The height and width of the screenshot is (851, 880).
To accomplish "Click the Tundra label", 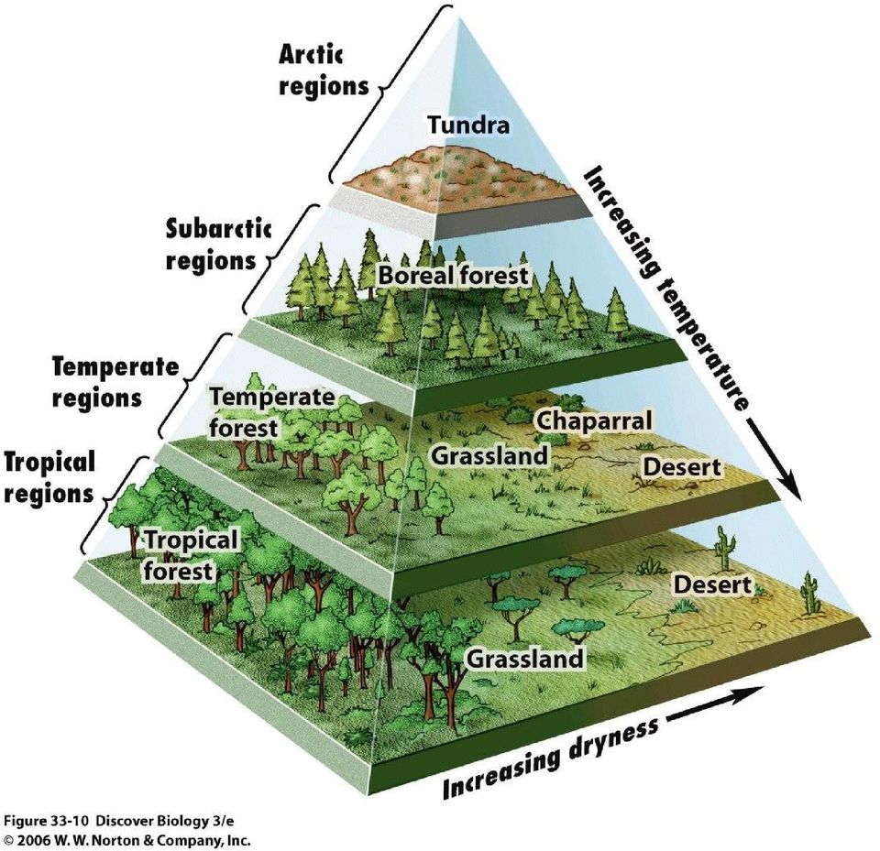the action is [x=469, y=125].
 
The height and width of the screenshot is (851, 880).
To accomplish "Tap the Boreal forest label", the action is [x=454, y=275].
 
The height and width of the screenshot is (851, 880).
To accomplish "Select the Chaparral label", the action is [x=595, y=420].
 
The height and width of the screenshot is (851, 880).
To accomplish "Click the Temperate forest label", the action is [x=271, y=412].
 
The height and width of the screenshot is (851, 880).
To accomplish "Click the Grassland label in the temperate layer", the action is [x=489, y=455].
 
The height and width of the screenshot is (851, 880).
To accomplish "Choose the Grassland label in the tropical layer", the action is [x=525, y=658].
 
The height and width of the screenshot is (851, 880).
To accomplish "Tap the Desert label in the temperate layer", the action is [x=681, y=467].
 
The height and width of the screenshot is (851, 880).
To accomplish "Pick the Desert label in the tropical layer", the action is [x=712, y=584].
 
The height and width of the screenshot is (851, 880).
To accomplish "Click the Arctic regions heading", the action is [x=324, y=71].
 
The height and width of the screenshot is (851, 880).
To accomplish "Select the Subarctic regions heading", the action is [x=219, y=245].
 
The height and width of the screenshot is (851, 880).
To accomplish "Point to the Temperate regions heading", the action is [x=115, y=382].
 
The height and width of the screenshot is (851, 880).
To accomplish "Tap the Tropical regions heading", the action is [x=49, y=477].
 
